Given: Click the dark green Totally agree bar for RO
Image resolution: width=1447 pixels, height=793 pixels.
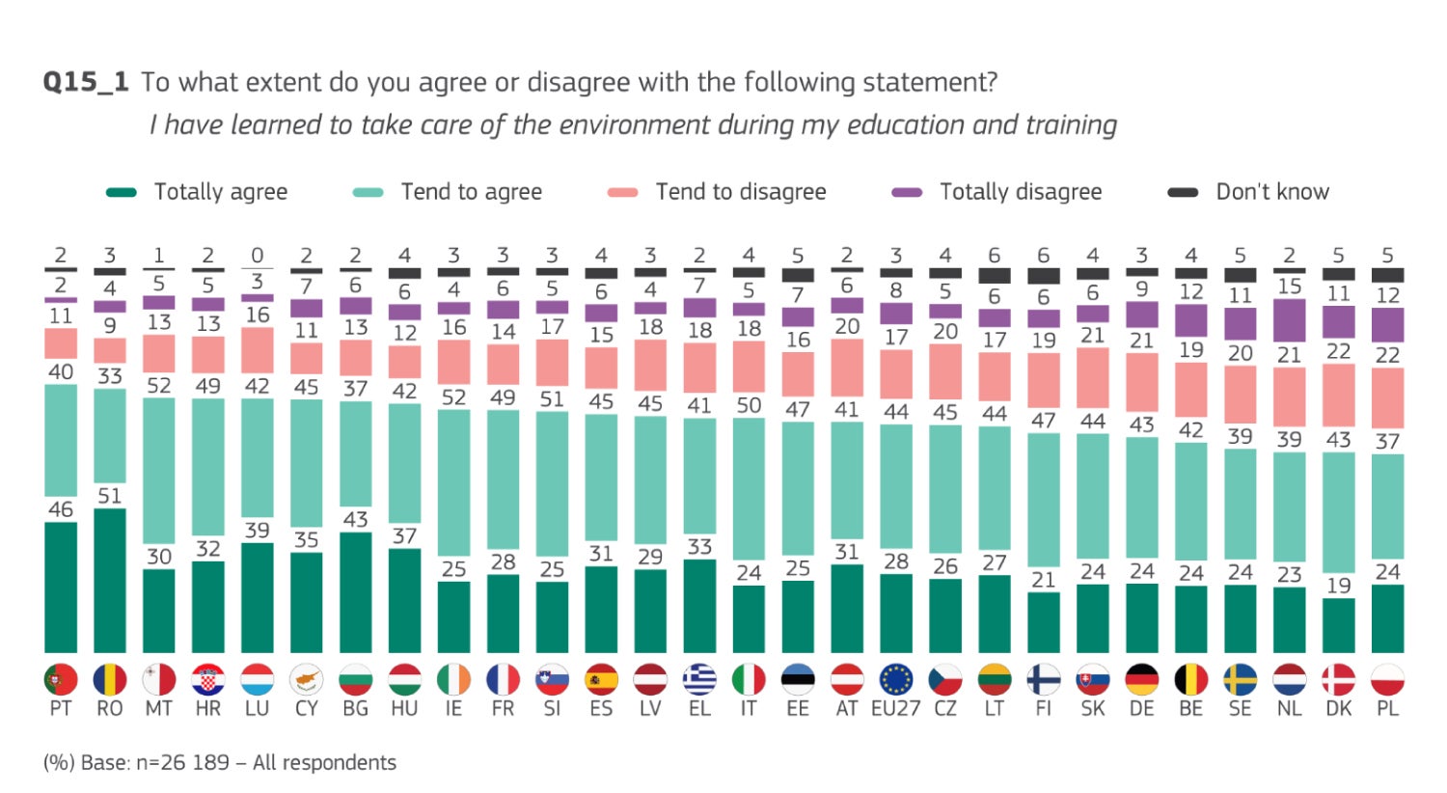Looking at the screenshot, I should click(110, 581).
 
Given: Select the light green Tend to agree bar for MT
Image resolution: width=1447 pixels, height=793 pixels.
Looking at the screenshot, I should click(159, 471).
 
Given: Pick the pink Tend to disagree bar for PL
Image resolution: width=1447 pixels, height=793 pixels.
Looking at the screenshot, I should click(1387, 397).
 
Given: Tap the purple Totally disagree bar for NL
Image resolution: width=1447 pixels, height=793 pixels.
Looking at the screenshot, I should click(1289, 321).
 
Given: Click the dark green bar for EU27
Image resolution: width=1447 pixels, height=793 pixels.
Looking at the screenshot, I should click(896, 614).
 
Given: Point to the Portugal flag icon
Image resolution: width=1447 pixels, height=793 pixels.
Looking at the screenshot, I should click(61, 680).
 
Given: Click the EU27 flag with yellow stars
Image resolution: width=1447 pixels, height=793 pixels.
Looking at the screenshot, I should click(896, 680).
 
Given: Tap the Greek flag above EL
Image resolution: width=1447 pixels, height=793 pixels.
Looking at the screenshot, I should click(699, 680).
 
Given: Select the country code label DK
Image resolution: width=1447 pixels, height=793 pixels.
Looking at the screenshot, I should click(1338, 709).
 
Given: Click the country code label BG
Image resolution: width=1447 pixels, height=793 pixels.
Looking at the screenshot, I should click(356, 709).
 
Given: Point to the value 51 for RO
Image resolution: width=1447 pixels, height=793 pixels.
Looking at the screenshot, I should click(110, 496).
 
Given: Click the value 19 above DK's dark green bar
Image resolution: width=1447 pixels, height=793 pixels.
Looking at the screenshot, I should click(1338, 586).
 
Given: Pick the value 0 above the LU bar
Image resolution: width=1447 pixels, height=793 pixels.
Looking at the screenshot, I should click(257, 256).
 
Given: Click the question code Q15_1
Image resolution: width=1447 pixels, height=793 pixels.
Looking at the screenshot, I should click(86, 82).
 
